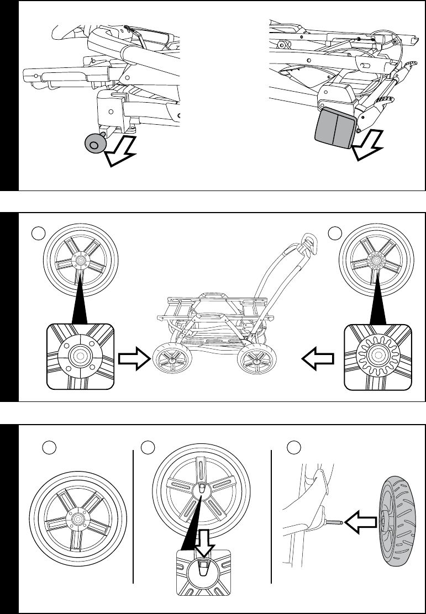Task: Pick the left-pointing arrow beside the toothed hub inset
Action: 317,359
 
